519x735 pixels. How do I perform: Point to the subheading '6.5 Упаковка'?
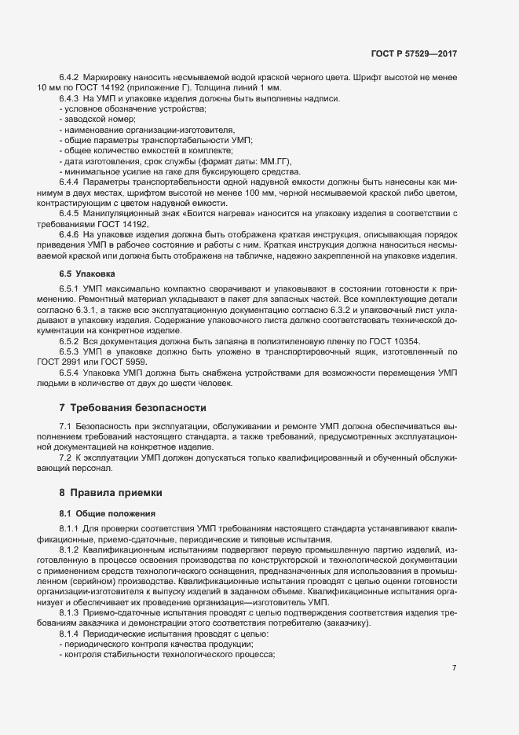coord(87,273)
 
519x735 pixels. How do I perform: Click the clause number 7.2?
coord(65,458)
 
